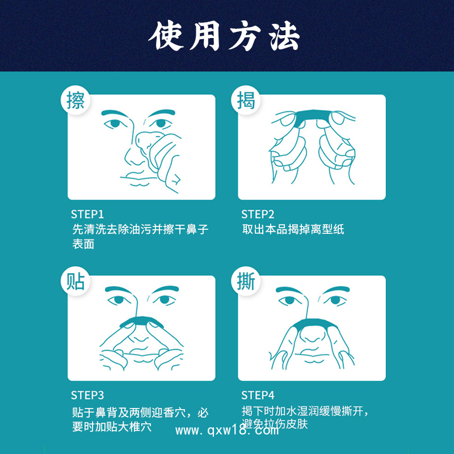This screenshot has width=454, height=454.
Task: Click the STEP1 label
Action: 87,215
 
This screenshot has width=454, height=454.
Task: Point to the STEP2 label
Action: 258,215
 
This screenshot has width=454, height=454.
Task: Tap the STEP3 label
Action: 87,396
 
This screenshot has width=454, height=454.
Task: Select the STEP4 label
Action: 258,396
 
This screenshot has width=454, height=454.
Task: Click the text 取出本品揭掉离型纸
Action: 293,229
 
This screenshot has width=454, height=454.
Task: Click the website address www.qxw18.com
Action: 226,430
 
